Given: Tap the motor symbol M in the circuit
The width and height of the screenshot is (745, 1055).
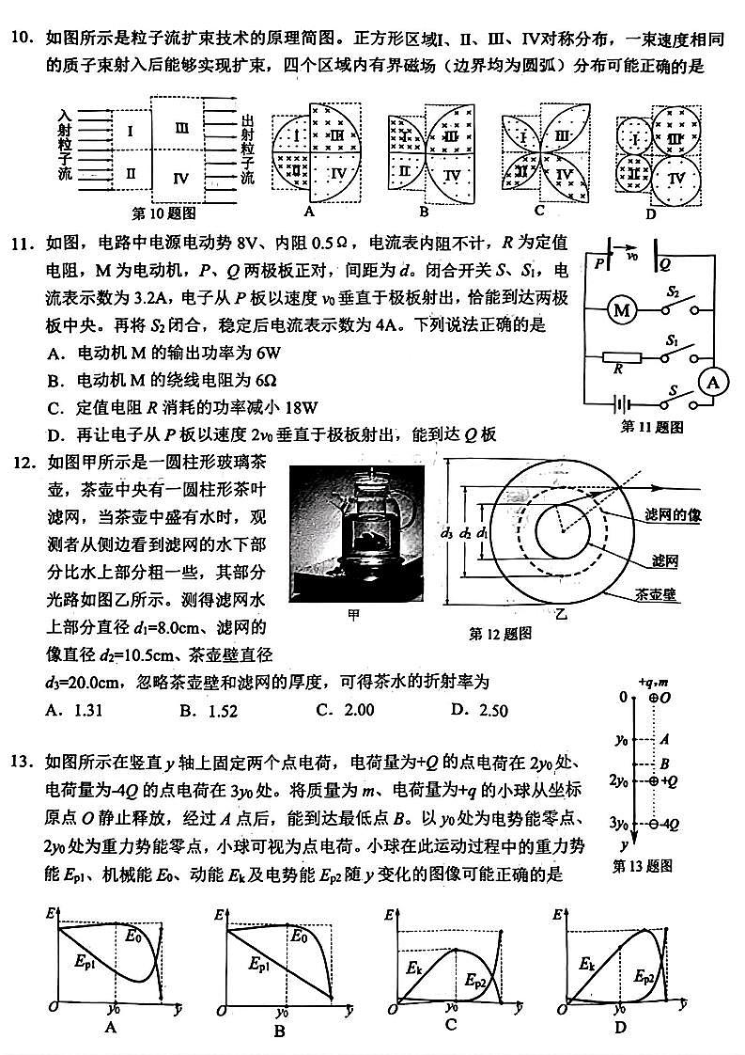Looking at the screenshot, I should pos(619,309).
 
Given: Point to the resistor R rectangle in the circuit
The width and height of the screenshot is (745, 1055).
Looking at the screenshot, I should pos(621,357).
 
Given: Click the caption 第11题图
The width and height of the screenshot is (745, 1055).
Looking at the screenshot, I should pos(651,427).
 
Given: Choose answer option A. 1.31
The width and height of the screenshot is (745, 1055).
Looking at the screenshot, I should pos(71,709).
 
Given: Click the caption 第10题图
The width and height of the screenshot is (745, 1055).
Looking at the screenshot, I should pos(161,213).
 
